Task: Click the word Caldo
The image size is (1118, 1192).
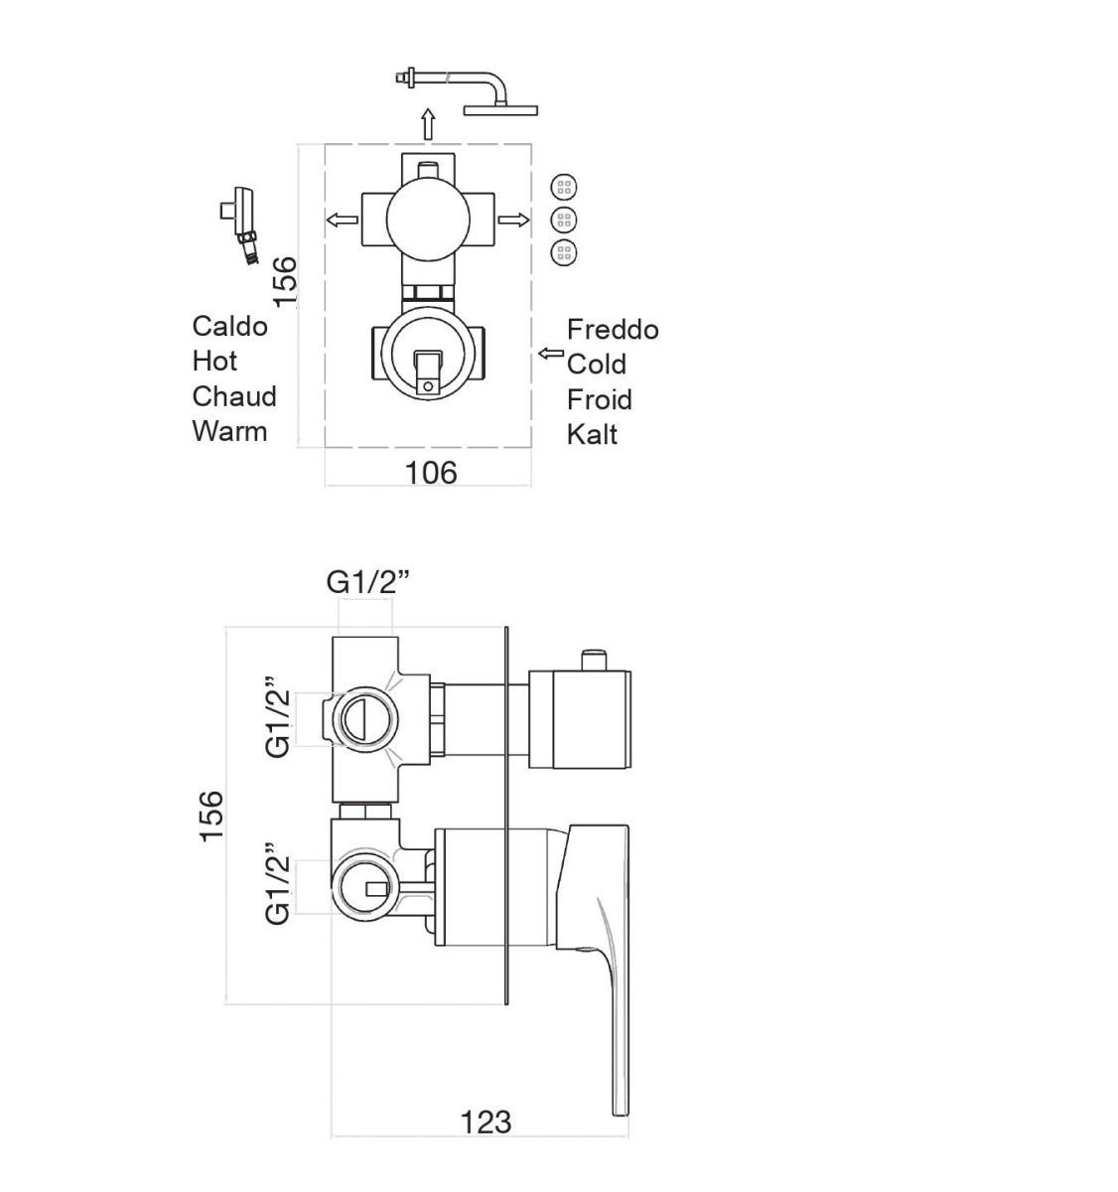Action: point(229,326)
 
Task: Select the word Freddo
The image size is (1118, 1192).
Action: point(613,329)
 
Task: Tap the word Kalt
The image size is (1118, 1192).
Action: point(592,434)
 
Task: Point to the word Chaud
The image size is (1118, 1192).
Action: point(234,396)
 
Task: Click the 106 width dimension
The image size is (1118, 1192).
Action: point(431,472)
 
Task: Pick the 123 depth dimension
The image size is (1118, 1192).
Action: point(486,1121)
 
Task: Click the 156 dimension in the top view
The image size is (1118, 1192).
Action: point(285,281)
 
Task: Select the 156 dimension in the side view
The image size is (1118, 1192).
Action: point(211,816)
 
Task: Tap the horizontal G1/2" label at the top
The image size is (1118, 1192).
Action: point(367,582)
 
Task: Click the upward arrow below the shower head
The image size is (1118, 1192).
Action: point(428,125)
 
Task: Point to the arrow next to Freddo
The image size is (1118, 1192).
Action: point(550,353)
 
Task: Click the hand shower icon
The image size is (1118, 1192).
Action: point(240,224)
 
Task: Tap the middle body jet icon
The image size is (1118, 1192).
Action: point(564,220)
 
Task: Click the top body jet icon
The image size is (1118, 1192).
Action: point(564,187)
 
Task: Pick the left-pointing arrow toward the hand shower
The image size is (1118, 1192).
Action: point(344,219)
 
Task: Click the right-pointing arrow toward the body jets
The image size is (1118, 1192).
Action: point(513,220)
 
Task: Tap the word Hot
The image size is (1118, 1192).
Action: point(214,361)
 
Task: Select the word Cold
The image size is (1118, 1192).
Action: point(596,364)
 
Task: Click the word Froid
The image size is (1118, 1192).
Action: point(599,399)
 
